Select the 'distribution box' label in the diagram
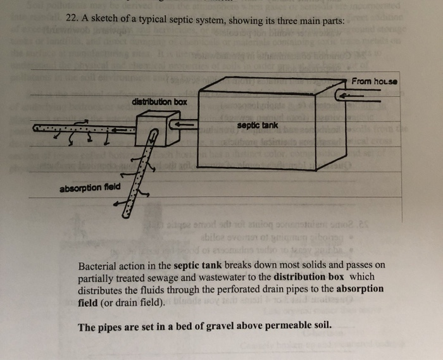pyautogui.click(x=159, y=102)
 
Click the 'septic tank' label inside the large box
pyautogui.click(x=258, y=125)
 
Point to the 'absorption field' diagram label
pyautogui.click(x=89, y=189)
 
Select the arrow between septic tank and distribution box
pyautogui.click(x=185, y=125)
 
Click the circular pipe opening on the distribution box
pyautogui.click(x=154, y=133)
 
